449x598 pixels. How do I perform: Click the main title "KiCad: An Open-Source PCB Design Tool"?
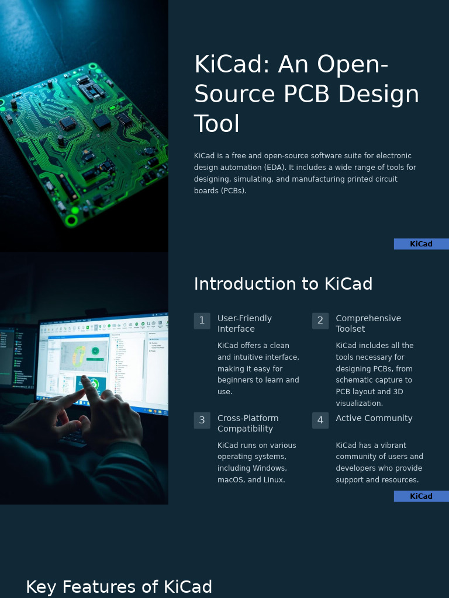pos(306,94)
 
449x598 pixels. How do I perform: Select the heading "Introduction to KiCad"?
pos(283,284)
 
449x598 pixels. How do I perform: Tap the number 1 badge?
pos(202,321)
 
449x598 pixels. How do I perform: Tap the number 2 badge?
pos(320,321)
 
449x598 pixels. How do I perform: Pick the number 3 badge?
pos(202,420)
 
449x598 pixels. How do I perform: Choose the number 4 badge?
pos(320,420)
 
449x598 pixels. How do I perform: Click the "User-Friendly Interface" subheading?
pos(244,324)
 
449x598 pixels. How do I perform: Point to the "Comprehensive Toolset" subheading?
pos(368,324)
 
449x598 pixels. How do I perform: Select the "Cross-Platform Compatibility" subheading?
pos(248,423)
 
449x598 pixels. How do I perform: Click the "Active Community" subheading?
pos(374,418)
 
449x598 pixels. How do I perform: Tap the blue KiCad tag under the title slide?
pos(421,244)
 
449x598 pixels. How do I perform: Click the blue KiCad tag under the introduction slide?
pos(421,496)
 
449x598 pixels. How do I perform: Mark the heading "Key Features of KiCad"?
pos(119,587)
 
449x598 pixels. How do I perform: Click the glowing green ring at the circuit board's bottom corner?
pos(72,220)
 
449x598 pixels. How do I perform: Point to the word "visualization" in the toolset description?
pos(359,404)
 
